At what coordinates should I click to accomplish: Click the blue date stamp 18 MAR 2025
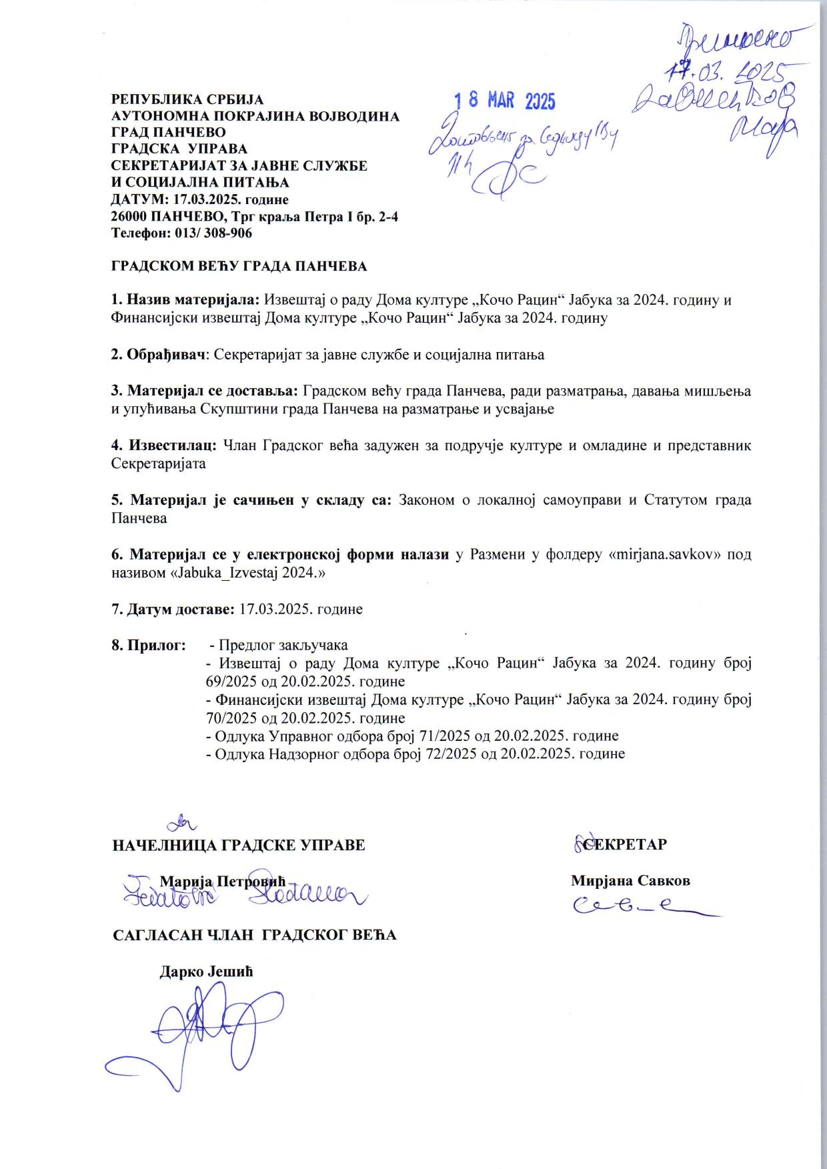[x=505, y=101]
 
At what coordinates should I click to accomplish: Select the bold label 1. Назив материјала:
[x=187, y=300]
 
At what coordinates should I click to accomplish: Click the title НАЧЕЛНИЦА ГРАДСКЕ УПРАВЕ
[x=239, y=845]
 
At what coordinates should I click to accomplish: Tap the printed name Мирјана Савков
[x=630, y=880]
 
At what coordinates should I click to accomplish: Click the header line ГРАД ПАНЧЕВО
[x=168, y=132]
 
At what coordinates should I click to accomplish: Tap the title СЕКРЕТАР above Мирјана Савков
[x=625, y=844]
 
